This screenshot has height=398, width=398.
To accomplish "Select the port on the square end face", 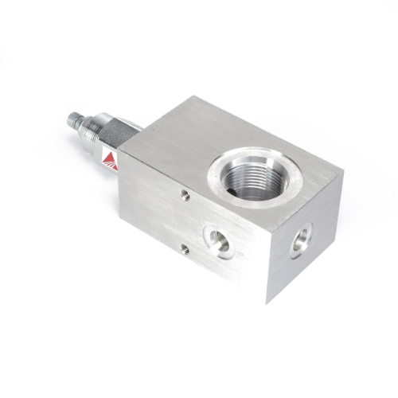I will pos(302,240).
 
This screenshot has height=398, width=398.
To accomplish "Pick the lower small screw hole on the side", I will pos(185,249).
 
